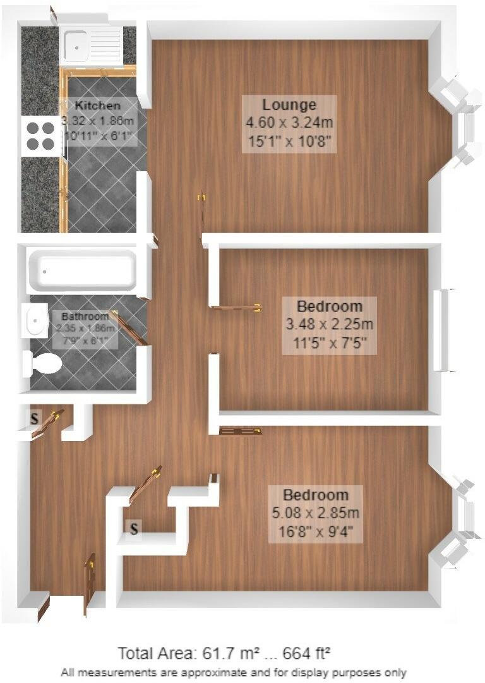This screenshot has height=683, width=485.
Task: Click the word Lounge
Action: pos(289,104)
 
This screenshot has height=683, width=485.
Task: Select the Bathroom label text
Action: pos(85,316)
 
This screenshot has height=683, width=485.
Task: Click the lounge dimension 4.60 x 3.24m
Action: pos(289,123)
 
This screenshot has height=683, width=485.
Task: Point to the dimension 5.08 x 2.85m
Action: pos(315,512)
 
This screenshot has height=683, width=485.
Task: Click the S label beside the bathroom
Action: pos(34,418)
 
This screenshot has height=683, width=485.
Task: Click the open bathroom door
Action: pos(128,326)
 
